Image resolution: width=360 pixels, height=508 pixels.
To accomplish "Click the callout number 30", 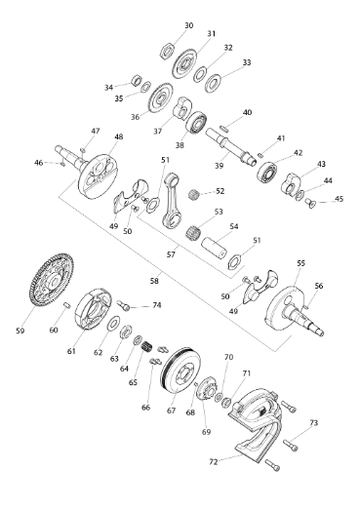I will (x=189, y=24).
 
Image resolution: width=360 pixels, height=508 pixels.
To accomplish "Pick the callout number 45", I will (x=340, y=200).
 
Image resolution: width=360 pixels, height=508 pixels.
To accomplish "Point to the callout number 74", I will (x=156, y=305).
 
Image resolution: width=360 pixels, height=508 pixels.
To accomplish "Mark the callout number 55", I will (x=300, y=263).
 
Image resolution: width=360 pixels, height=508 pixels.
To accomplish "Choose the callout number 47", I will (x=95, y=131).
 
